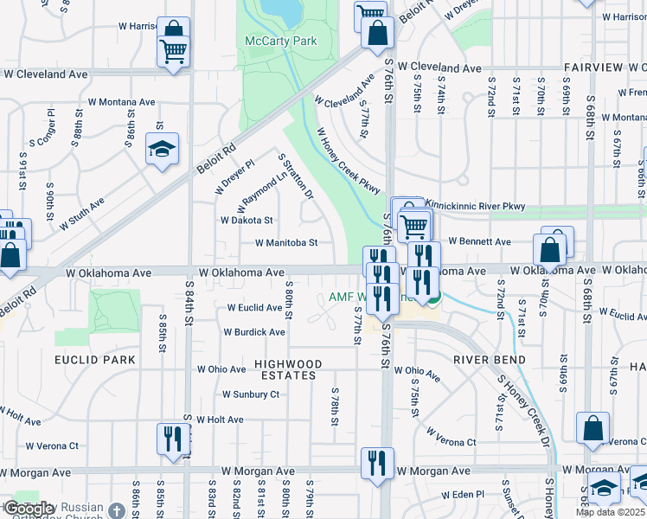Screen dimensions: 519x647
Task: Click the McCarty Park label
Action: pos(281,41)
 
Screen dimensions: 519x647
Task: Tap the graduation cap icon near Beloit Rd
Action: pos(162,150)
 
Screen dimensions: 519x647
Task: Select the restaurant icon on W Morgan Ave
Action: pos(377,465)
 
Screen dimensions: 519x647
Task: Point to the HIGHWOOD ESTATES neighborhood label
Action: pos(287,370)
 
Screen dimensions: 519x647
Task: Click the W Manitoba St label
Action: pos(287,243)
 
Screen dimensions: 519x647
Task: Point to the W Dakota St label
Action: pos(247,221)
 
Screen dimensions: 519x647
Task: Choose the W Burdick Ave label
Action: pos(254,332)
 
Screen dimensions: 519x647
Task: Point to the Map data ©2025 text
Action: pos(611,512)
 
